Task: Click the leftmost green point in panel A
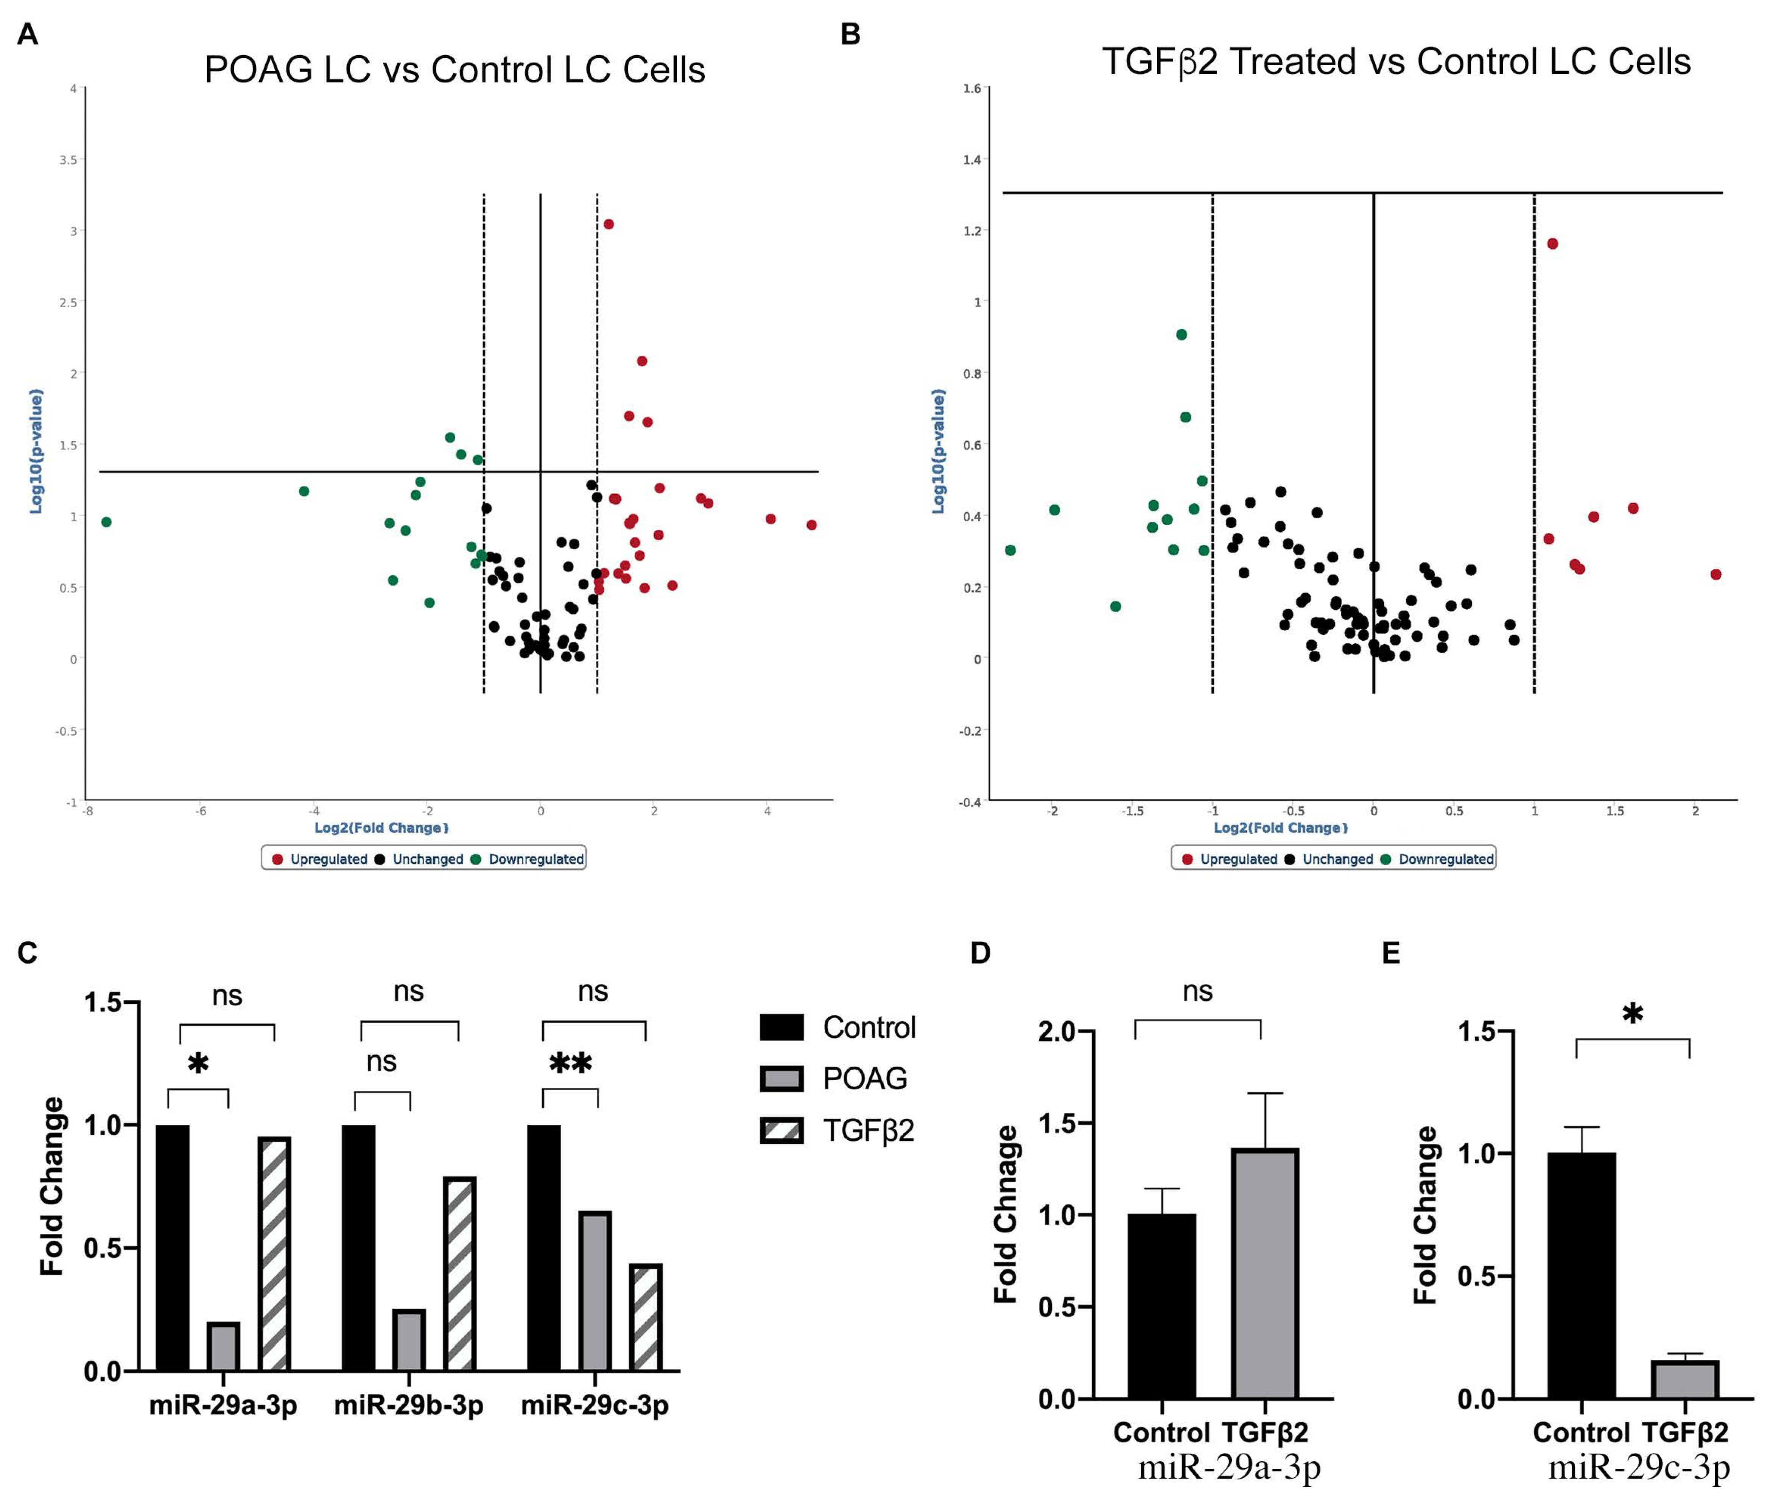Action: (x=106, y=522)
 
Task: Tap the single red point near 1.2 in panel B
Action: (x=1552, y=244)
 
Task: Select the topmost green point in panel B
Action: (x=1181, y=335)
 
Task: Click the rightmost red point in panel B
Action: (x=1716, y=574)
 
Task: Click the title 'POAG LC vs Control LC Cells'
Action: (x=455, y=69)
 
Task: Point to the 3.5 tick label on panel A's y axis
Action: (x=68, y=160)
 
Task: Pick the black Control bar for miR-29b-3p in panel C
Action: (x=358, y=1248)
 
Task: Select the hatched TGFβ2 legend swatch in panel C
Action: (x=782, y=1131)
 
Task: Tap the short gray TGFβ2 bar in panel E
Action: (x=1685, y=1380)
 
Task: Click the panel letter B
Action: (x=850, y=34)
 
